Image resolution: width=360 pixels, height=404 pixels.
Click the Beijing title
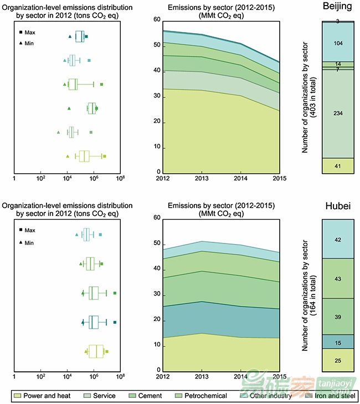pos(338,7)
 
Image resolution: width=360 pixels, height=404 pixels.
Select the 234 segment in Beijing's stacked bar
pos(338,113)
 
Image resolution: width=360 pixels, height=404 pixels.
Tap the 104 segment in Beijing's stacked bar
pos(338,43)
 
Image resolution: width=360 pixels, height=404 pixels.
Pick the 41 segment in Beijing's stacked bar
pos(338,166)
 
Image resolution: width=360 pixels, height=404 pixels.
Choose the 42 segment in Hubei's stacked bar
pos(338,240)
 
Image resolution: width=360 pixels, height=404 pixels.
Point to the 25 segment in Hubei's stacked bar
pos(338,360)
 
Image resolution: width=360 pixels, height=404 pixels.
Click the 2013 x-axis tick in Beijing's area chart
pos(202,178)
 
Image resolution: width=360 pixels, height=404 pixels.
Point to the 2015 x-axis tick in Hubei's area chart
pos(279,376)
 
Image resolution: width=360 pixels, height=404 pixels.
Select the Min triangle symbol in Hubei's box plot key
pos(20,242)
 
